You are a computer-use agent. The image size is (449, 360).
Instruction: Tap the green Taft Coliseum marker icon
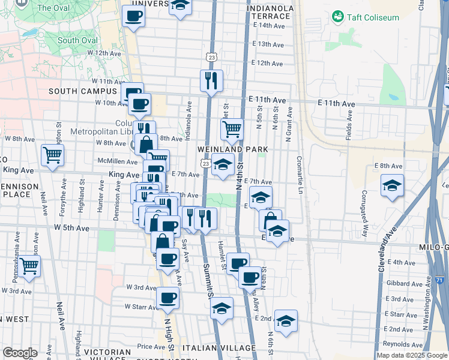coord(338,16)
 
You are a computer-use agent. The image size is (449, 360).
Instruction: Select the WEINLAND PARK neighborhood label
coord(234,149)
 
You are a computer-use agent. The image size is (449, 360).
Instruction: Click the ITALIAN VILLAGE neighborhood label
coord(219,348)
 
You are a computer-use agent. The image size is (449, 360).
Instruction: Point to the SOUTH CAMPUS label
coord(82,91)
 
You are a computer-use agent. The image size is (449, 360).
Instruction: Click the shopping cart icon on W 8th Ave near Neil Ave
coord(53,155)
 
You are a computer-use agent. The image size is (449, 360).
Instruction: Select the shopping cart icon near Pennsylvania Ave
coord(29,265)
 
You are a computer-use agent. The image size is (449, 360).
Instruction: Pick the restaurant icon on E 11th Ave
coord(211,80)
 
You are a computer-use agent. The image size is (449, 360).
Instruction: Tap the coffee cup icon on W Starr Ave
coord(168,297)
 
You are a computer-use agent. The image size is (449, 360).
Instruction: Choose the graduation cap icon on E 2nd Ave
coord(286,321)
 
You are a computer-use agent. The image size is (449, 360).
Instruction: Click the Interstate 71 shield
coord(439,280)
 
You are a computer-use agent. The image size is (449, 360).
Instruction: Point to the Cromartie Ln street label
coord(299,175)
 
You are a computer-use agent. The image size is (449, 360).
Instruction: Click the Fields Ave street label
coord(349,126)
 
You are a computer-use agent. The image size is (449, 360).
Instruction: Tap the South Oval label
coord(77,40)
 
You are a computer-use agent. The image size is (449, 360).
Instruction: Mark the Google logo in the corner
coord(20,353)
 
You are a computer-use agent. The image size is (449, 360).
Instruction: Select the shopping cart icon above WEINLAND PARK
coord(232,128)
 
